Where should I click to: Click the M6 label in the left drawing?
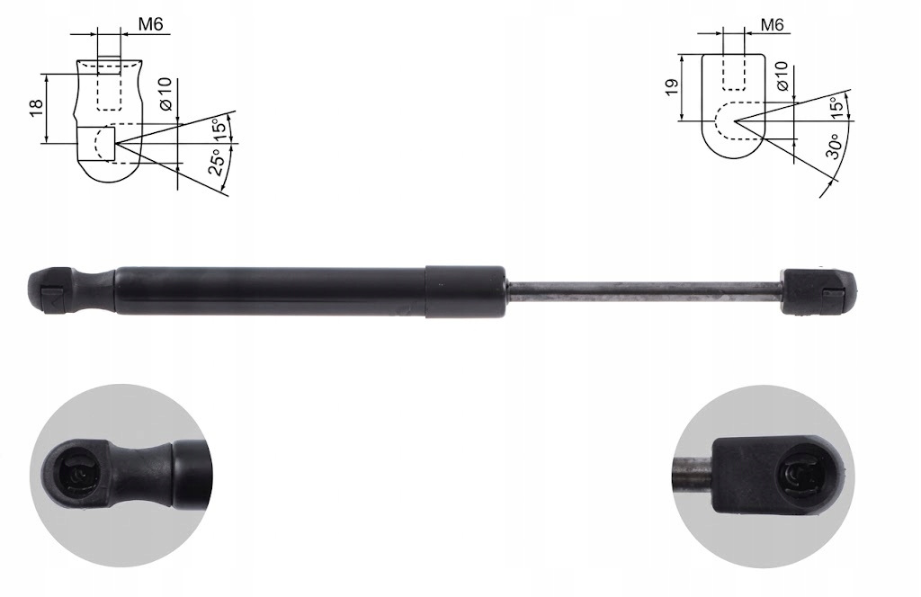coord(150,24)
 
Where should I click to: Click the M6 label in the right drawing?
coord(773,24)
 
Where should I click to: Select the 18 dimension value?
coord(36,107)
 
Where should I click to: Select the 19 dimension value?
coord(673,87)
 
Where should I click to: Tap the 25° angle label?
coord(217,163)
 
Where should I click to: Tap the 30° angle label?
coord(833,147)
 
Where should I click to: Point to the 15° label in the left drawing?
coord(219,129)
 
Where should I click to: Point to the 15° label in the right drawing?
coord(836,108)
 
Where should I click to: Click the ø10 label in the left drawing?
coord(165,94)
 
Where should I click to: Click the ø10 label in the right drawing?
coord(782,76)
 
